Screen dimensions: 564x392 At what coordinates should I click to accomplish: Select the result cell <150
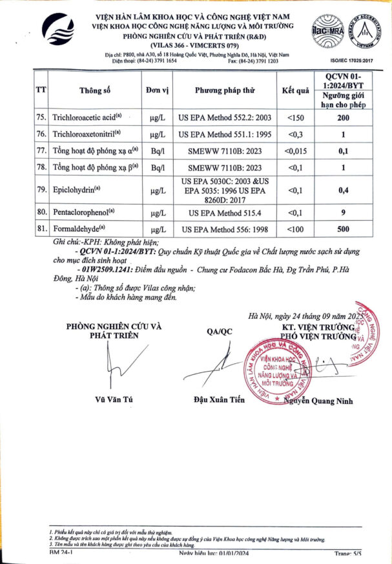(296, 117)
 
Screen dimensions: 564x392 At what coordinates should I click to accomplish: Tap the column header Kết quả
(296, 90)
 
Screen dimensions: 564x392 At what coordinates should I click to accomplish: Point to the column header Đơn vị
(157, 90)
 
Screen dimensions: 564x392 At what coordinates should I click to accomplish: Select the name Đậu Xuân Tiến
(219, 400)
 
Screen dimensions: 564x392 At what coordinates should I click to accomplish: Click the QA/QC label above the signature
(219, 331)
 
